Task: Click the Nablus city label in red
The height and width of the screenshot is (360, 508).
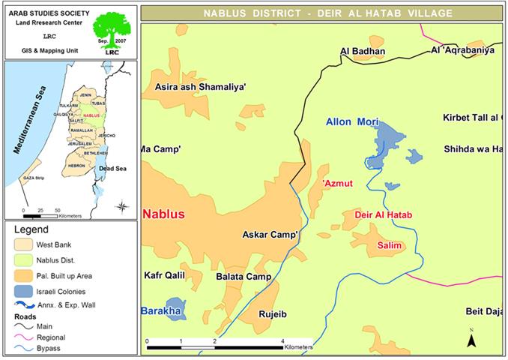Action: pos(163,214)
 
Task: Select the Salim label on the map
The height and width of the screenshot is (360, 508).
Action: pos(390,246)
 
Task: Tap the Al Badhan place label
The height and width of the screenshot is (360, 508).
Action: pos(362,52)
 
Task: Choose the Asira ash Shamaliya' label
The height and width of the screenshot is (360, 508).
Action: pos(200,87)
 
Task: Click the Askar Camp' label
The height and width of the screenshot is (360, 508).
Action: pos(271,235)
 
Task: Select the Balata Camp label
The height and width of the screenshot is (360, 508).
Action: pos(243,277)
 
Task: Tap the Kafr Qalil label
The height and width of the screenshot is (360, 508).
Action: pos(164,276)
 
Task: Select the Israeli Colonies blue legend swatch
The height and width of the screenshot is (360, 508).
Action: pos(24,291)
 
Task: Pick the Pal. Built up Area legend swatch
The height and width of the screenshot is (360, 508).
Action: pos(24,275)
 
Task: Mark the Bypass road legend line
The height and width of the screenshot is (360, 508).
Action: pos(24,349)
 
